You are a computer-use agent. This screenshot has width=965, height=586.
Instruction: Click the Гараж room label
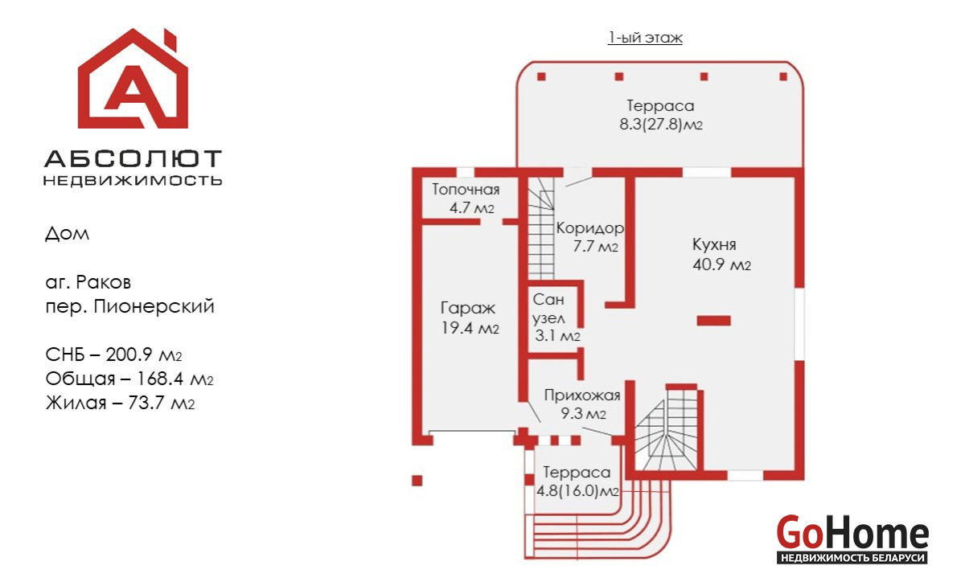468,308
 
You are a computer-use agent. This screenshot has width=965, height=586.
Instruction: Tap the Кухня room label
714,244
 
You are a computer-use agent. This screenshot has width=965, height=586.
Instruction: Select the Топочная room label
466,190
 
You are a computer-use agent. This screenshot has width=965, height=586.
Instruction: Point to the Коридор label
589,228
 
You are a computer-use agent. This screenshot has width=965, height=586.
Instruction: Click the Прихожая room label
582,395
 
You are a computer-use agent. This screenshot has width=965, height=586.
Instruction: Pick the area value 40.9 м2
721,264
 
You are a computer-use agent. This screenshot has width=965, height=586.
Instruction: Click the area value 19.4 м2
470,328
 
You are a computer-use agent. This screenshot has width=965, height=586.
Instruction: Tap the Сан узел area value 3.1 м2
557,336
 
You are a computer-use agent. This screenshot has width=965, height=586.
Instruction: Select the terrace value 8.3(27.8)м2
661,125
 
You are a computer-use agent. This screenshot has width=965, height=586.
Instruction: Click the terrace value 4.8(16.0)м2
577,491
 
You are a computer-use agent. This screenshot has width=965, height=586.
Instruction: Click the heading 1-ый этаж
645,38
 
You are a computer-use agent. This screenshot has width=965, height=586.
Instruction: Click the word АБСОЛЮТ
133,158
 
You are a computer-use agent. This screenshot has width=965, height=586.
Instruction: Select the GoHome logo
852,539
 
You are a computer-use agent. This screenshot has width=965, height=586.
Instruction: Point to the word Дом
68,234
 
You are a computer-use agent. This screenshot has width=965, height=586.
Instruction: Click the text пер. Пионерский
129,306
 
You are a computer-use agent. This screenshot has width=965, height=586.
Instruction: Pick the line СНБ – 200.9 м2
113,354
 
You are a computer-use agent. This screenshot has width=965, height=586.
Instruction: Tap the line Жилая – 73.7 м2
120,403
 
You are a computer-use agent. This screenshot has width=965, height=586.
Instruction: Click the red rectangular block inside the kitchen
714,321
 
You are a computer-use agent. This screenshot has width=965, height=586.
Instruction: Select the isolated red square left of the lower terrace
417,481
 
